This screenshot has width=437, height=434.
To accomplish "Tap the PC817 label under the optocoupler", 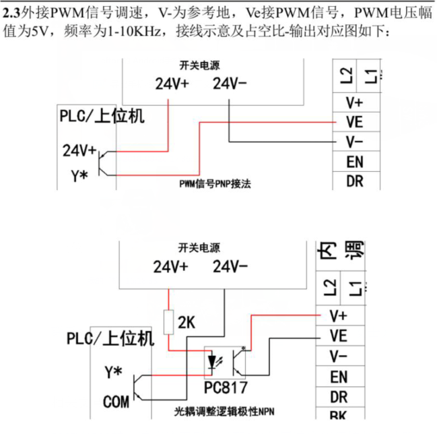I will [225, 388].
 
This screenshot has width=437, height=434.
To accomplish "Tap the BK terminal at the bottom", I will [339, 415].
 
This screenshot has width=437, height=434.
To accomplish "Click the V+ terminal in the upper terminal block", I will [355, 103].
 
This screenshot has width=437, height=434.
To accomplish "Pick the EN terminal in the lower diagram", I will [339, 377].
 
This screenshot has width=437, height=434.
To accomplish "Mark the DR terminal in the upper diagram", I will [355, 181].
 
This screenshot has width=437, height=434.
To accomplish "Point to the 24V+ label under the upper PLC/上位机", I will [79, 150].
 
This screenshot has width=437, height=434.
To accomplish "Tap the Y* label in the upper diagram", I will [79, 177].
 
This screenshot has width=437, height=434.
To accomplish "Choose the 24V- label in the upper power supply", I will [230, 84].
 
